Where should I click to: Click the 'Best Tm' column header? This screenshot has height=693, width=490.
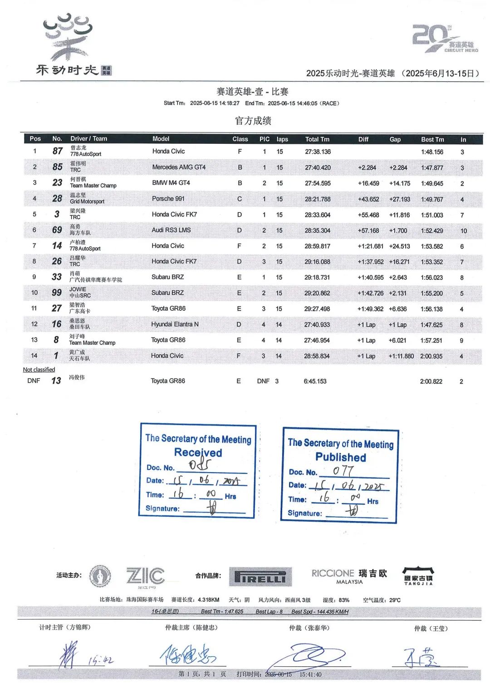[x=432, y=139]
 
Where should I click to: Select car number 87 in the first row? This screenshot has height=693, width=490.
[x=58, y=151]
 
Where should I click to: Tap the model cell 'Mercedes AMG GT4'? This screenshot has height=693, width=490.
[x=179, y=167]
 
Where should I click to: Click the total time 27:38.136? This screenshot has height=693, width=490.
[x=318, y=152]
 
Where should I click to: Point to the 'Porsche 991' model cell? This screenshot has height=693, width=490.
[x=168, y=199]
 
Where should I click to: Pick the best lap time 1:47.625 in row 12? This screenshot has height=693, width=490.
[x=431, y=325]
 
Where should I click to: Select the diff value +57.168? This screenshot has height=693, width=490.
[x=368, y=230]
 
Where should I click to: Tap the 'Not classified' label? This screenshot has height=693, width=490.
[x=39, y=370]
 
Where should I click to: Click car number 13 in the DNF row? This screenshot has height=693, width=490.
[x=56, y=381]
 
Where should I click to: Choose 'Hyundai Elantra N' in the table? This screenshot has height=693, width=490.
[x=175, y=324]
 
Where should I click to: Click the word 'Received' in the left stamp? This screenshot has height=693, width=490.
[x=198, y=452]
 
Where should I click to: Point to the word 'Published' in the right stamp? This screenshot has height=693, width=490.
[x=341, y=457]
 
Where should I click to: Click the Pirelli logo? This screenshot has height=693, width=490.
[x=260, y=577]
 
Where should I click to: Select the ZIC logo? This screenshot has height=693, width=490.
[x=145, y=576]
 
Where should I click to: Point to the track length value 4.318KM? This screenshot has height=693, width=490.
[x=209, y=600]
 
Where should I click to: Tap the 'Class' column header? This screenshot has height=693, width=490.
[x=240, y=139]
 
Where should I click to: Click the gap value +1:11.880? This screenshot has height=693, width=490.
[x=401, y=356]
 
